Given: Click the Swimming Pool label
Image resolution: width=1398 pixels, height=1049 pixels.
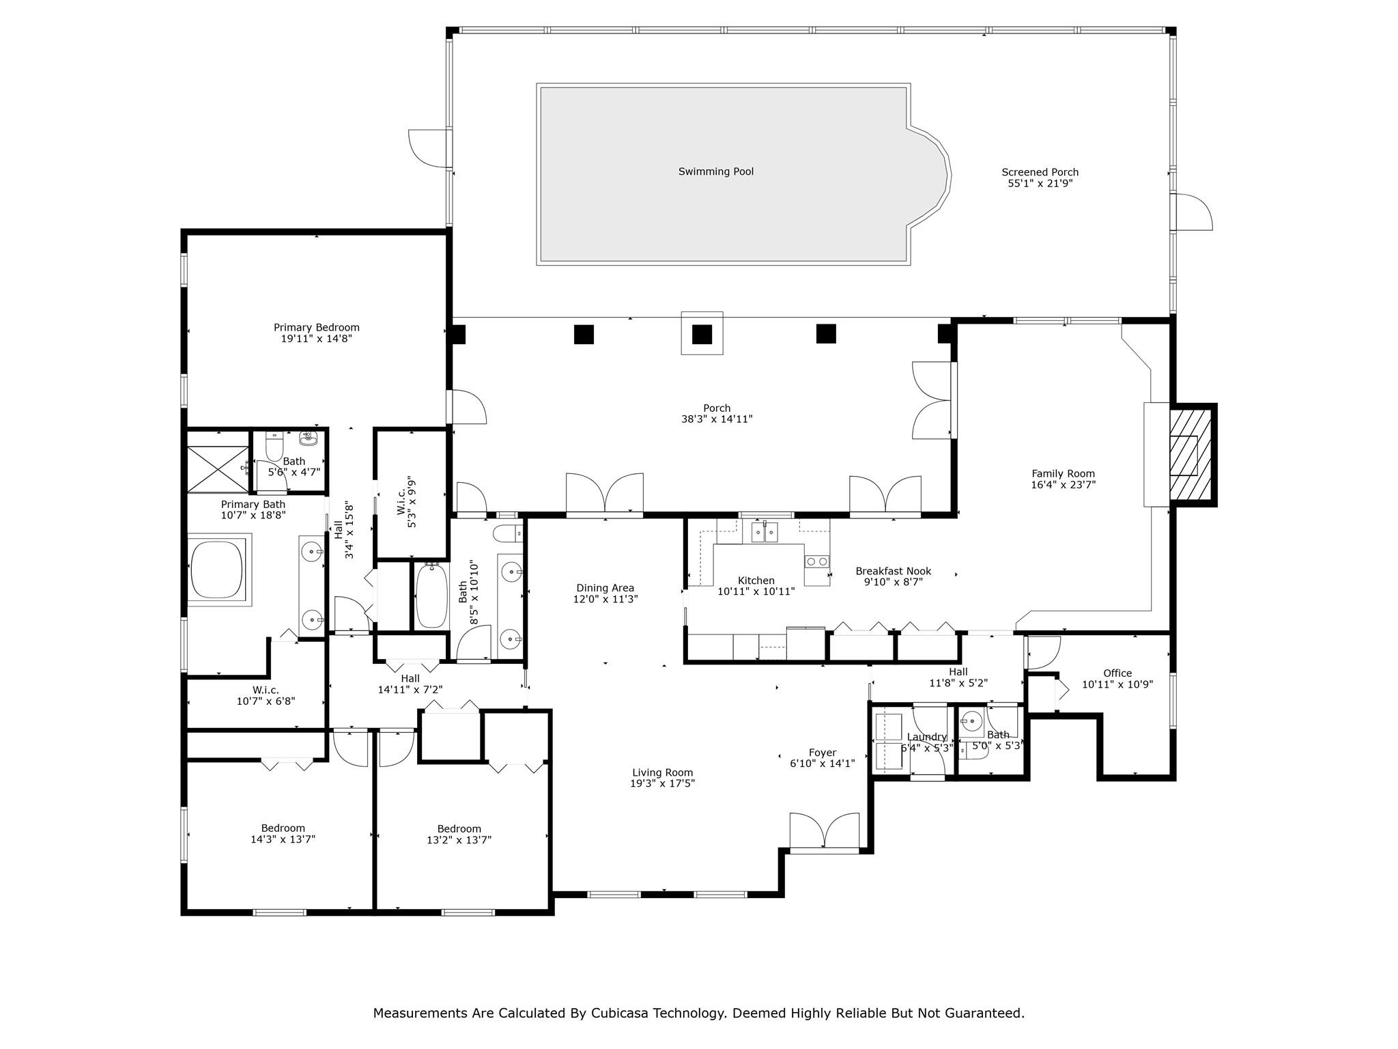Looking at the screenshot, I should pyautogui.click(x=715, y=171).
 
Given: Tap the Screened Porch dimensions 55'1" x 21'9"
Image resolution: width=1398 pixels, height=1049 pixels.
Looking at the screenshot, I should pyautogui.click(x=1040, y=183).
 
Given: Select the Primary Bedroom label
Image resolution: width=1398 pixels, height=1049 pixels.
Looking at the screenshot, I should pyautogui.click(x=316, y=327).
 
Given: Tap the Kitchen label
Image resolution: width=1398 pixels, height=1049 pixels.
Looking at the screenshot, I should pyautogui.click(x=756, y=581).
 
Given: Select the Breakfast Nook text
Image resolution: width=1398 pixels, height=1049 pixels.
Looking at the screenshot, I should pyautogui.click(x=893, y=571).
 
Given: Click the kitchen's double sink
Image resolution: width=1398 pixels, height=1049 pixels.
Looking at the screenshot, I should pyautogui.click(x=765, y=531).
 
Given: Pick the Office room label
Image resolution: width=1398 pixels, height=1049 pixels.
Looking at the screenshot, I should pyautogui.click(x=1117, y=673).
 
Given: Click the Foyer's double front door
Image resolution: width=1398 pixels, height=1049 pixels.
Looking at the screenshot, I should pyautogui.click(x=824, y=833).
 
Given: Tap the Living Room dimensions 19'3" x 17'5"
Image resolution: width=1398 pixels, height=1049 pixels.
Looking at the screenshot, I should pyautogui.click(x=662, y=783).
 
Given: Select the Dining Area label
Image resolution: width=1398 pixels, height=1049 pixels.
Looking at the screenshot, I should pyautogui.click(x=605, y=587).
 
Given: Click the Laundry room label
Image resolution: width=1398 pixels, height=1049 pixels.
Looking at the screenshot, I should pyautogui.click(x=926, y=737).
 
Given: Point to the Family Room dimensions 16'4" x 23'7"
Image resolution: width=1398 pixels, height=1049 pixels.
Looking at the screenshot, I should pyautogui.click(x=1063, y=485).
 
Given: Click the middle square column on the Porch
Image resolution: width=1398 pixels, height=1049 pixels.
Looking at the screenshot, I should pyautogui.click(x=702, y=334).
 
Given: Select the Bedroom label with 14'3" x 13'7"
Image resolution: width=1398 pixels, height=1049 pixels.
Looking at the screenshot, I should pyautogui.click(x=283, y=828).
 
